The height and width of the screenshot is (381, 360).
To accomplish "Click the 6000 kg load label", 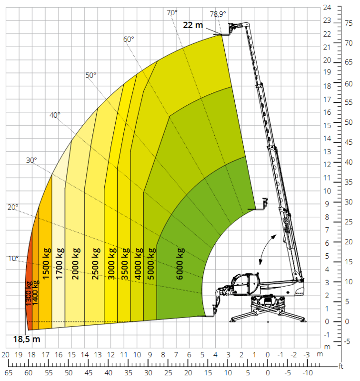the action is tap(180, 264).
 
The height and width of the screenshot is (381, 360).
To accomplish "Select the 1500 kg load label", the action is tap(46, 263).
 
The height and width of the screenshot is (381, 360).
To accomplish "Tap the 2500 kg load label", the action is tap(96, 264).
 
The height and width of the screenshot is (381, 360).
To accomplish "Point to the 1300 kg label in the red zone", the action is tap(29, 293).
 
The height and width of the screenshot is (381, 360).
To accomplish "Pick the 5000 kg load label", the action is tap(151, 264).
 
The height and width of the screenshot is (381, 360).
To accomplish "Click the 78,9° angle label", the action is tap(218, 14).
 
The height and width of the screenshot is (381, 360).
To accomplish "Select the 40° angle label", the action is tap(55, 115).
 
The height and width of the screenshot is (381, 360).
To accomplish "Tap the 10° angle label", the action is tap(13, 259).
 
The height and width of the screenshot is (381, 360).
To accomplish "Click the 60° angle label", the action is tap(129, 39).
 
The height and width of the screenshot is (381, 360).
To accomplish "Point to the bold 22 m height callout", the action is tap(193, 25).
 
